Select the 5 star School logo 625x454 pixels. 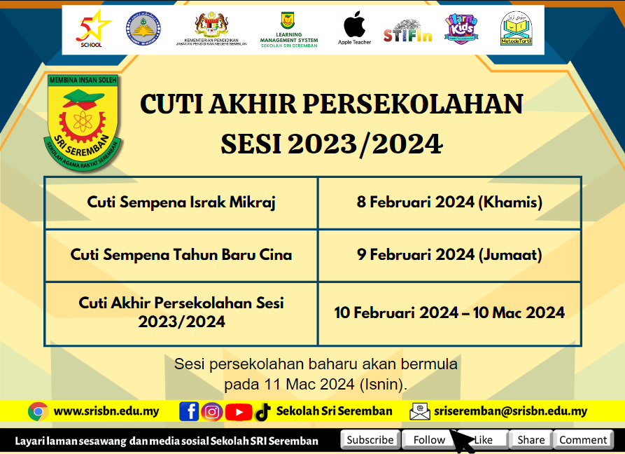tap(92, 29)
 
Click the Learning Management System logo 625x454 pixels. tap(288, 29)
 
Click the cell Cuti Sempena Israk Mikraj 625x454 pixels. tap(181, 202)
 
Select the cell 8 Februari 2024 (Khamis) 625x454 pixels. tap(449, 202)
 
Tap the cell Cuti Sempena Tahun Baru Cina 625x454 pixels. tap(181, 255)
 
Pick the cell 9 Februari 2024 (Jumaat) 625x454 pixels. tap(449, 255)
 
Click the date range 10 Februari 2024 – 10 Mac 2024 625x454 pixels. tap(449, 312)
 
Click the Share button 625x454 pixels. tap(531, 440)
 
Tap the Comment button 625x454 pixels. tap(583, 440)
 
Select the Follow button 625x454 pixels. tap(428, 440)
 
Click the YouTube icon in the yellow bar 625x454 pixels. tap(239, 412)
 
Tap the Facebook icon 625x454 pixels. tap(188, 412)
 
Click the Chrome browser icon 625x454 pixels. tap(38, 411)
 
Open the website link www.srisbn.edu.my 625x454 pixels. tap(106, 411)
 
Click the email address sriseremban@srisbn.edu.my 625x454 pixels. tap(510, 411)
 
